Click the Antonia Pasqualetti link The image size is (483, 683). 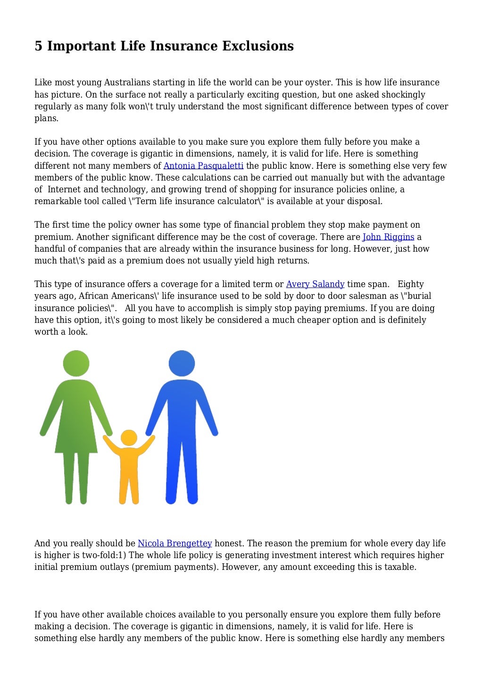point(203,165)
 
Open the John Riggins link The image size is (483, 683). point(388,237)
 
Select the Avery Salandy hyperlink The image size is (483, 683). point(315,284)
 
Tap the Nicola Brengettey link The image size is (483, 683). point(175,543)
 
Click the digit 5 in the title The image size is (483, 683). point(38,46)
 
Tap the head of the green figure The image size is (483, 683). point(76,363)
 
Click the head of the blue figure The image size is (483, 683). point(182,363)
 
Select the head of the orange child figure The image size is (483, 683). point(129,437)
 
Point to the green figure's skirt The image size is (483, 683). point(76,434)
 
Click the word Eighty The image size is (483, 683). point(410,284)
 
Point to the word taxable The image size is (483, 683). point(400,567)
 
